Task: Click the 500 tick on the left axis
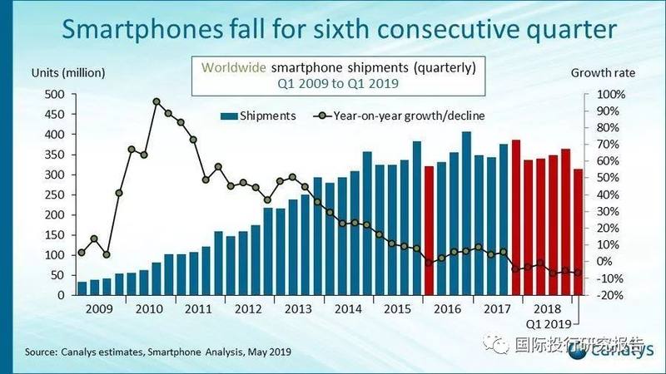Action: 54,94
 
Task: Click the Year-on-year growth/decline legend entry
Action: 400,116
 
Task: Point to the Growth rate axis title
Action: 602,73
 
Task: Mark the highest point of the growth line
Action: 157,102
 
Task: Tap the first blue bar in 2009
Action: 82,288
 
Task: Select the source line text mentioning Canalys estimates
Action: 158,352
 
